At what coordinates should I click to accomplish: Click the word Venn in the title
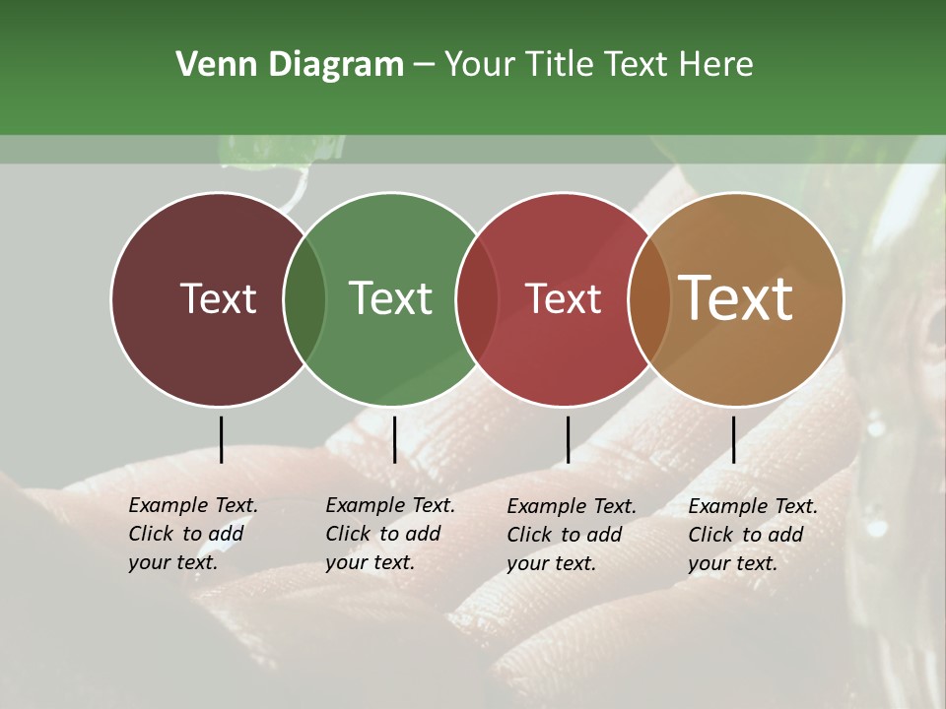click(x=204, y=65)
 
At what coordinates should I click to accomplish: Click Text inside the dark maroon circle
click(x=218, y=298)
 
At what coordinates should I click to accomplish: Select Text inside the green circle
click(x=390, y=298)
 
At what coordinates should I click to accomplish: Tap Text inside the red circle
click(x=563, y=298)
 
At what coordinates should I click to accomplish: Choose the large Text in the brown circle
click(x=736, y=298)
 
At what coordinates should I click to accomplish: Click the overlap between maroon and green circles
click(x=304, y=298)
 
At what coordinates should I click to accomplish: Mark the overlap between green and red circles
click(x=477, y=298)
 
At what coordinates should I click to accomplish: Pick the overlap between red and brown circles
click(x=649, y=298)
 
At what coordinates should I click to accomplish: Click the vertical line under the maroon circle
click(x=221, y=439)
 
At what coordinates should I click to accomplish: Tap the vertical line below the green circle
click(x=394, y=439)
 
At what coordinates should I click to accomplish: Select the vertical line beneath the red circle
click(x=568, y=439)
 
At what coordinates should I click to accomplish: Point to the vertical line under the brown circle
click(x=733, y=439)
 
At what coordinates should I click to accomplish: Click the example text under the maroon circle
click(x=193, y=534)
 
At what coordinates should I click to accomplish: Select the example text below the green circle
click(x=390, y=534)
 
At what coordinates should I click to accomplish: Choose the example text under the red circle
click(x=572, y=535)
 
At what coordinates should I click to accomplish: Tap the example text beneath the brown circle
click(x=753, y=535)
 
